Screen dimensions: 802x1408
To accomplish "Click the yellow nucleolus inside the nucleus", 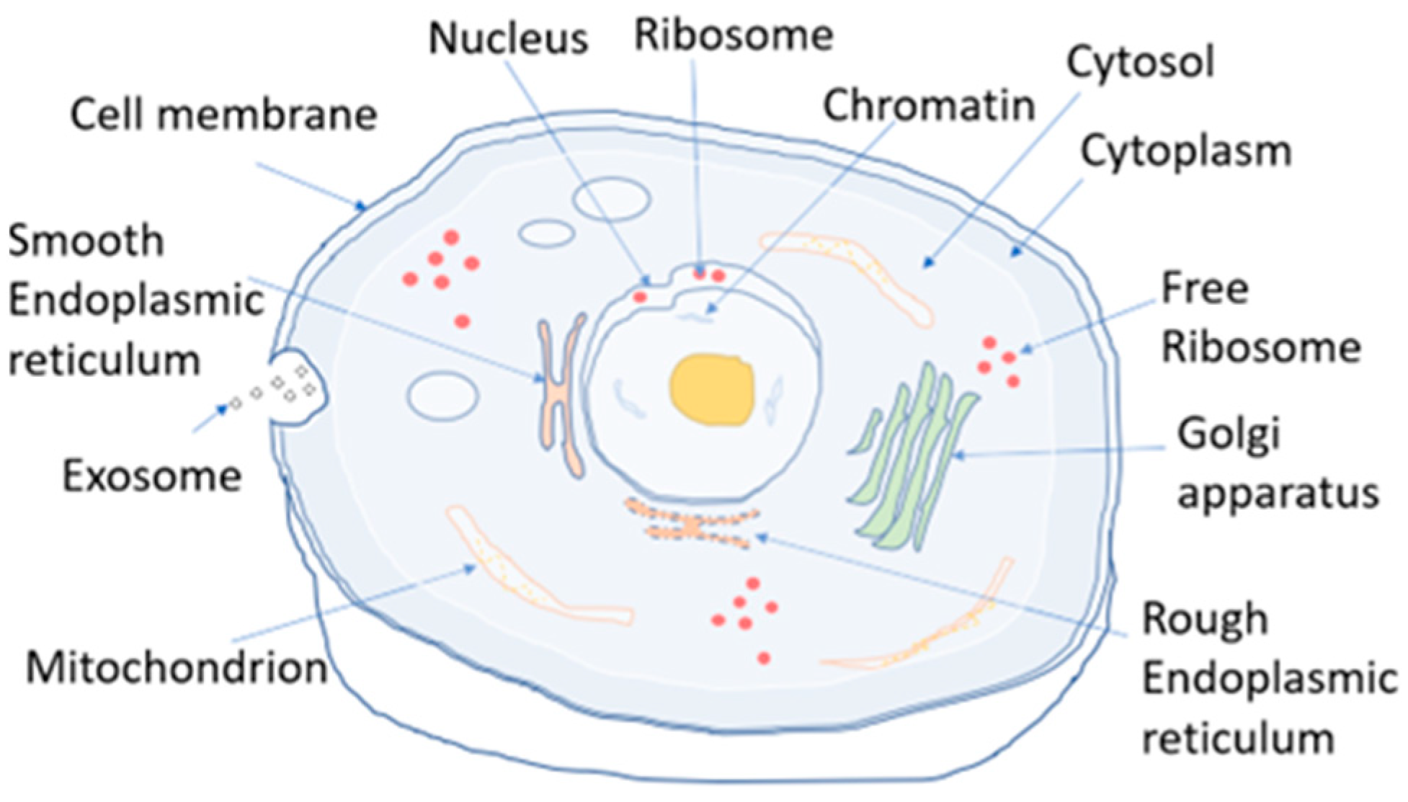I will pos(712,390).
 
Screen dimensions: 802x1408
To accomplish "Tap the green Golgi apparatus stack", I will pos(912,461).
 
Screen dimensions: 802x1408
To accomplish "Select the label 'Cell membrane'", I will pos(223,115).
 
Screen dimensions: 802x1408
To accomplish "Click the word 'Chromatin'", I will pos(929,106).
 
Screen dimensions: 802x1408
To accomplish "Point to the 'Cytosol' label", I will pos(1140,62).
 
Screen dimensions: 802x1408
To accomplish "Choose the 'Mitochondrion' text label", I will pos(177,668).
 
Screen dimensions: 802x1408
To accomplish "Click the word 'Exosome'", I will pos(151,476).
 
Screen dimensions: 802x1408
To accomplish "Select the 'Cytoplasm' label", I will pos(1185,151).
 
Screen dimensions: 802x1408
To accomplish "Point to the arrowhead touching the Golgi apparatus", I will pos(957,455).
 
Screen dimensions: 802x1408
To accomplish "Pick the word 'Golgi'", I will pos(1229,435).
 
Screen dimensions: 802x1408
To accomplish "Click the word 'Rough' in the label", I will pos(1205,619).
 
